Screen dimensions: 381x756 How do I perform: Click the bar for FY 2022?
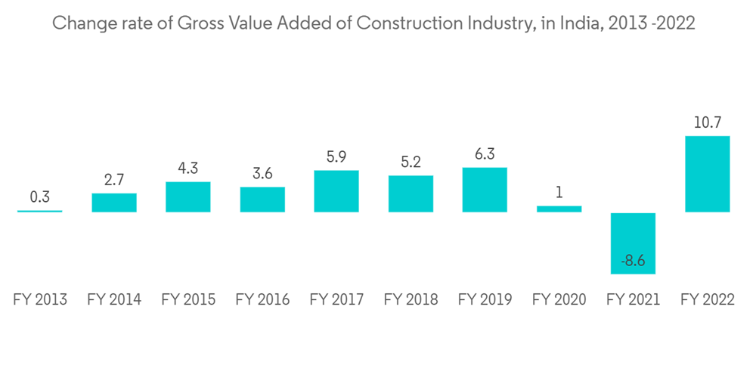coord(707,174)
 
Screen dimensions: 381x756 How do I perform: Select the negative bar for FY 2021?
coord(633,234)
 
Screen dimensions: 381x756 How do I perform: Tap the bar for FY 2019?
coord(485,190)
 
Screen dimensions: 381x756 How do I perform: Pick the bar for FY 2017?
coord(336,191)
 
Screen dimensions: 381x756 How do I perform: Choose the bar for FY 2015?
coord(188,197)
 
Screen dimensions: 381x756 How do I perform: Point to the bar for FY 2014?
coord(114,203)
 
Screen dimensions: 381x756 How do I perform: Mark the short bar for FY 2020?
coord(559,209)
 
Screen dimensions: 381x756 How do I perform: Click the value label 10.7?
coord(707,122)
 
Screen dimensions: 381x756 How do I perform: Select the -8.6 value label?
coord(633,261)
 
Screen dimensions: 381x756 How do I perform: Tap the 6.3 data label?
coord(485,153)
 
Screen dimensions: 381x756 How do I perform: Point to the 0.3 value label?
coord(40,197)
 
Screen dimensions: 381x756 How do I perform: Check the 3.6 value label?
coord(262,173)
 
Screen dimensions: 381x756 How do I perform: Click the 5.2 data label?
coord(411,162)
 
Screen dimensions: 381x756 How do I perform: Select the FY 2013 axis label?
coord(40,300)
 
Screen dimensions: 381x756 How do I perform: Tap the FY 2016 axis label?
coord(262,300)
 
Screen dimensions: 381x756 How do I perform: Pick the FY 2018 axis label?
coord(411,300)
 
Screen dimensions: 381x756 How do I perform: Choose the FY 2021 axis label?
coord(633,300)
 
